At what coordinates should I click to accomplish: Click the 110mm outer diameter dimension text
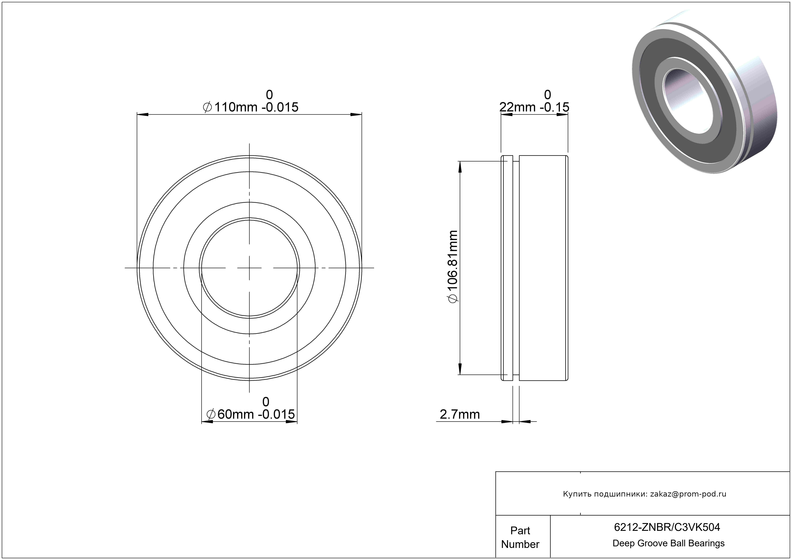[251, 107]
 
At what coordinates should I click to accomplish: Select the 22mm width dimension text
[534, 107]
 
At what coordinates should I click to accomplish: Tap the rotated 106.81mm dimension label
[453, 267]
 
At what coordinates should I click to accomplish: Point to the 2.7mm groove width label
[460, 414]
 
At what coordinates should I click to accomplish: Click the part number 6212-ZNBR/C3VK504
[667, 527]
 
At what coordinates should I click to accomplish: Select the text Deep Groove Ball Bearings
[668, 543]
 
